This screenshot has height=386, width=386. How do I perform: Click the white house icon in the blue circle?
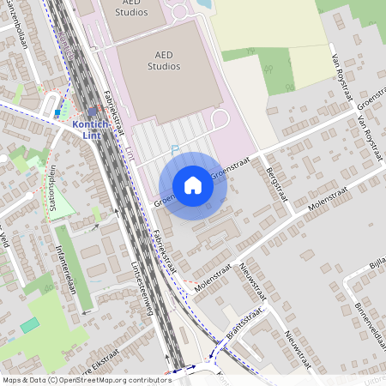click(x=193, y=185)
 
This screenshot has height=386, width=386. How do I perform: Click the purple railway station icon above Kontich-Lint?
click(x=93, y=112)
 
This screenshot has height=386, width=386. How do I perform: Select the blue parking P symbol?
click(x=175, y=149)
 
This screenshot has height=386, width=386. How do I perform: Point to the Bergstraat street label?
click(x=276, y=172)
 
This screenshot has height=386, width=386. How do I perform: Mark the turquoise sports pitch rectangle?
click(x=30, y=325)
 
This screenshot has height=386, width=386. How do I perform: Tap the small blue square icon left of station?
click(x=57, y=112)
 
